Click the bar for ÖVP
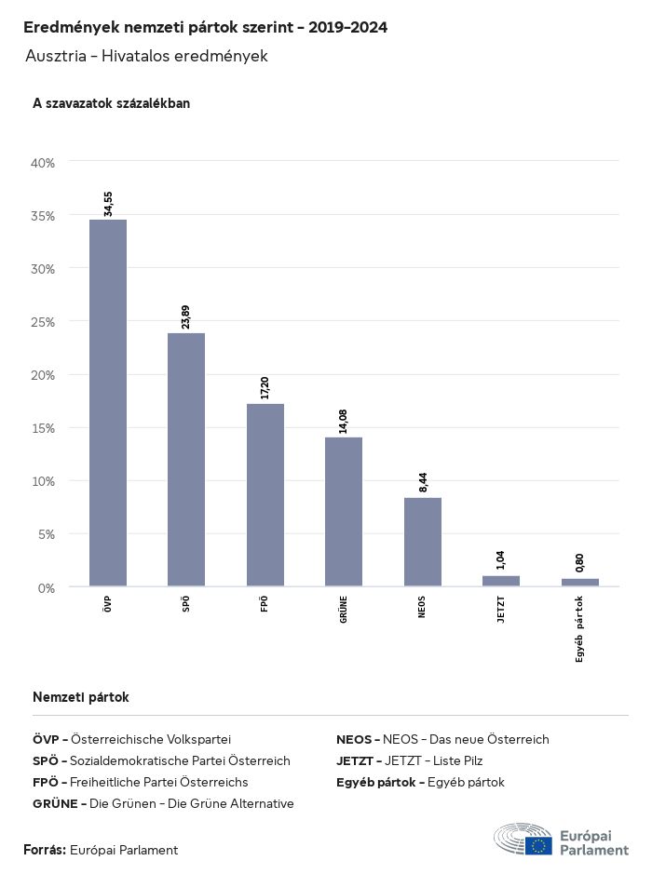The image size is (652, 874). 108,403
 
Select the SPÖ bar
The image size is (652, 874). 186,460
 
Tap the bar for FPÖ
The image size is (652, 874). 265,495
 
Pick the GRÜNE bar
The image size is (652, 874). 344,512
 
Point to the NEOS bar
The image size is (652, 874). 423,542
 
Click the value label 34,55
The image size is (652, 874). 108,204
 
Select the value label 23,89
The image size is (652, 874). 186,317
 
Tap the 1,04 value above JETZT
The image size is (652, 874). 501,560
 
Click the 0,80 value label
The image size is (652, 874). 579,563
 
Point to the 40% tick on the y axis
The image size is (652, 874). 44,163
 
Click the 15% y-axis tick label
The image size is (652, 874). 44,428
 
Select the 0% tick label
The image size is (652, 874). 47,587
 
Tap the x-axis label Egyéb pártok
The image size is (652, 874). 579,628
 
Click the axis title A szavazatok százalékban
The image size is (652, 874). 111,103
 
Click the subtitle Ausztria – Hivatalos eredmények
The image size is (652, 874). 147,56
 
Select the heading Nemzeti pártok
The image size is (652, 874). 81,697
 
